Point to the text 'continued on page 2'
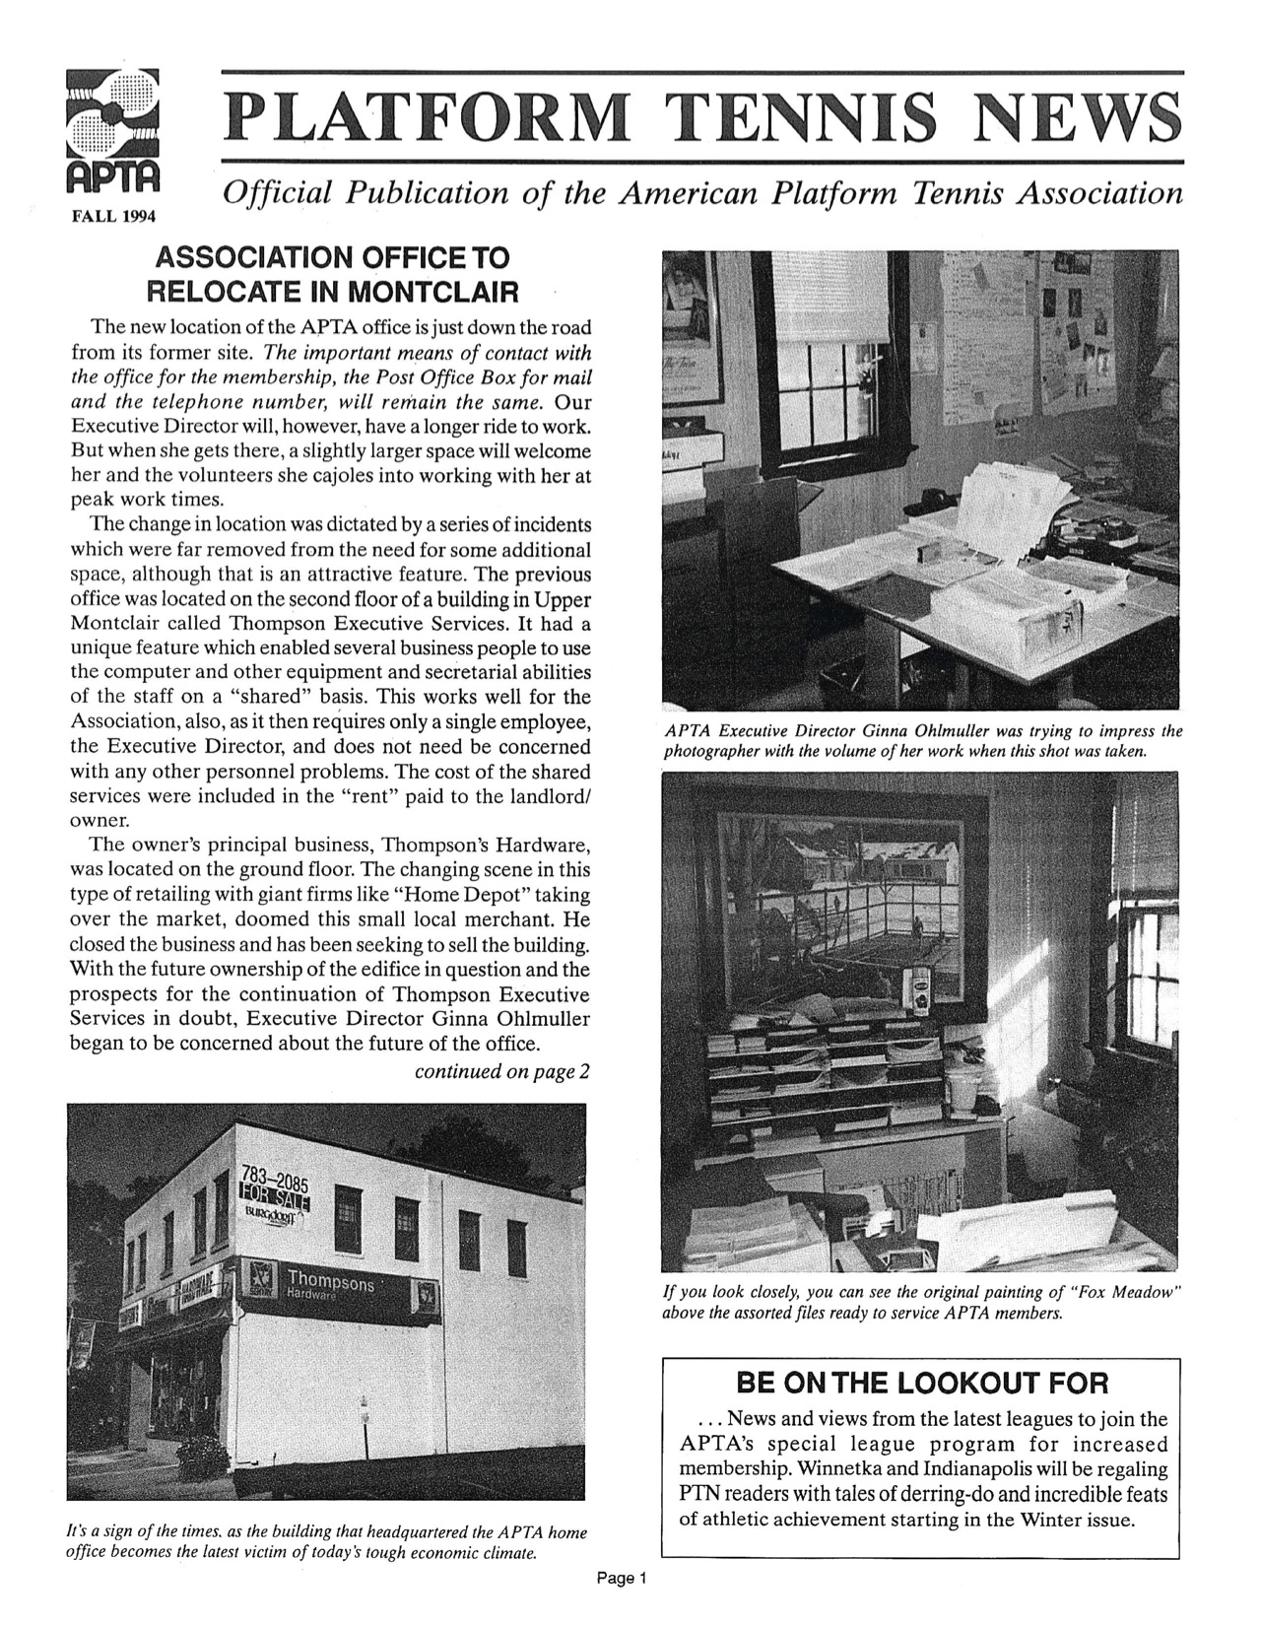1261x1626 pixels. (x=502, y=1071)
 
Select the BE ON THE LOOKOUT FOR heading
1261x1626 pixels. (x=922, y=1383)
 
